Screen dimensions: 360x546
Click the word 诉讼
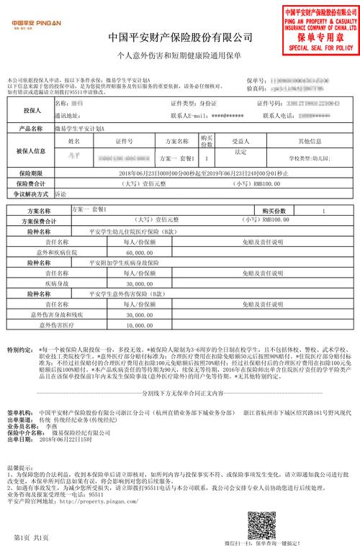coord(60,194)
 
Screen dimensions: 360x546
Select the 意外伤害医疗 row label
coord(46,325)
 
